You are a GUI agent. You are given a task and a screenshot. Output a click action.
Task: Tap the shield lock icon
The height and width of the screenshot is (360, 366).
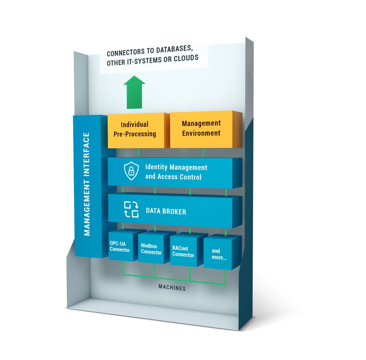(131, 171)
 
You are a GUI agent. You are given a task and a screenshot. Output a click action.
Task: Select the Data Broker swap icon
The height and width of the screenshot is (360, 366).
(131, 209)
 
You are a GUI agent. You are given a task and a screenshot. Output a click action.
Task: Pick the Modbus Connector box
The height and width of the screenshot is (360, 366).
(152, 249)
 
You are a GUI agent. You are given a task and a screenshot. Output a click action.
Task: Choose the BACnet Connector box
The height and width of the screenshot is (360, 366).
(183, 252)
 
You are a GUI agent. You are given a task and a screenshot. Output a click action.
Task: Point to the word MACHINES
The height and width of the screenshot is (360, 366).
(172, 287)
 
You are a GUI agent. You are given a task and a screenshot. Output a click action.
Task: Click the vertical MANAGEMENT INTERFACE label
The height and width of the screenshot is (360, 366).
(87, 184)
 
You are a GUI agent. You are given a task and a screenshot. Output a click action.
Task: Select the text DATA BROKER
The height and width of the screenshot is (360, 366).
(166, 211)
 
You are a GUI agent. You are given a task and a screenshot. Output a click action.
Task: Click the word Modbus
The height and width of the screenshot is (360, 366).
(149, 246)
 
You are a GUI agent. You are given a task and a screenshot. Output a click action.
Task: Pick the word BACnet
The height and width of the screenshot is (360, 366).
(180, 248)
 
